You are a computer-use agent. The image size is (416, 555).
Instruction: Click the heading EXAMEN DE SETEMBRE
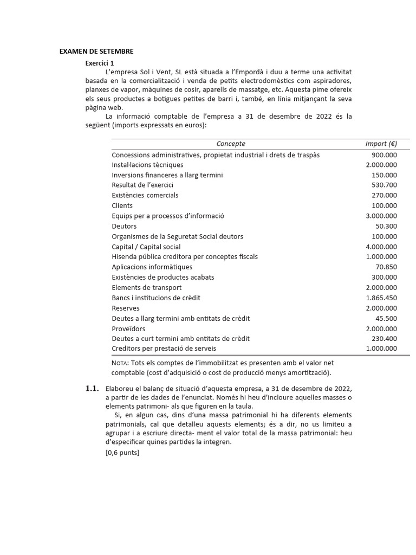(96, 51)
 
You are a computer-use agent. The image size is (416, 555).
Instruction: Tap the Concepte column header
(231, 144)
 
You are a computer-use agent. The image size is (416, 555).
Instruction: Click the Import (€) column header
(381, 144)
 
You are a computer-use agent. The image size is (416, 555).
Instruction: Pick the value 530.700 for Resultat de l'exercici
(384, 185)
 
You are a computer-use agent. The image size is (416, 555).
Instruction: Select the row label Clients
(122, 206)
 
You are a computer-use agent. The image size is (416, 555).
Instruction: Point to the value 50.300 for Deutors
(386, 227)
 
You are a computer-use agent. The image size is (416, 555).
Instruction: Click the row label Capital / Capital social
(146, 247)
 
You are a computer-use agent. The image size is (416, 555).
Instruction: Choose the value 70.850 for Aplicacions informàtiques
(386, 267)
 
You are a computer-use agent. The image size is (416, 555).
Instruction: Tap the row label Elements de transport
(146, 288)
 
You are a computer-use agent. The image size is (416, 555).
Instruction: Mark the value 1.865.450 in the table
(381, 298)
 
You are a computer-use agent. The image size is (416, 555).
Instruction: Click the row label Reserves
(125, 308)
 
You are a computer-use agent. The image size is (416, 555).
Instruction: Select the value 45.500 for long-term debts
(386, 319)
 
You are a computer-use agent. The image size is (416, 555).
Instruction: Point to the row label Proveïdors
(128, 329)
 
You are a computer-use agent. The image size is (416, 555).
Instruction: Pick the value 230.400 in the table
(384, 339)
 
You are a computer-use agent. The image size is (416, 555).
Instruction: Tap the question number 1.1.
(93, 389)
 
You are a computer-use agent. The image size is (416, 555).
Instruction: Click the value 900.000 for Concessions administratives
(384, 155)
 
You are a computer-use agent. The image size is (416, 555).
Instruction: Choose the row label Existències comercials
(145, 196)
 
